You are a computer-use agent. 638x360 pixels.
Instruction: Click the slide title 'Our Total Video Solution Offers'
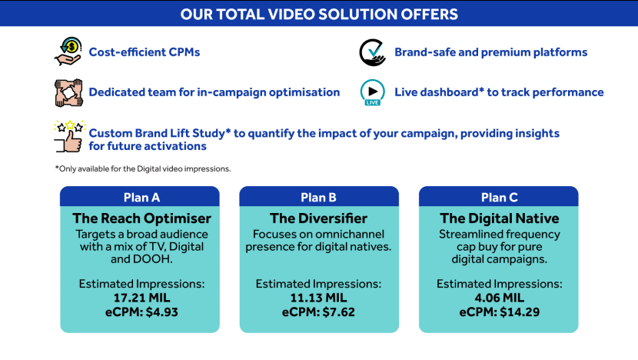click(319, 15)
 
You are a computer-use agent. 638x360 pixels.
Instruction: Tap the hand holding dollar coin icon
click(68, 52)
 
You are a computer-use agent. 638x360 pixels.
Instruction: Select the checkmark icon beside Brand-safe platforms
click(372, 52)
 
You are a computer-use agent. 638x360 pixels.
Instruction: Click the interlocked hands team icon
click(68, 93)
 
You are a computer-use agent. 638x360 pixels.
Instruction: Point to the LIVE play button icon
click(372, 92)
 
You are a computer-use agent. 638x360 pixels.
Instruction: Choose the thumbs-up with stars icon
click(68, 136)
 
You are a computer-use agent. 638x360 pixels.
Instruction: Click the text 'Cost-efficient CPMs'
click(145, 52)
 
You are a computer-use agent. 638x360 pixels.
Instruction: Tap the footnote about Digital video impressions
click(143, 168)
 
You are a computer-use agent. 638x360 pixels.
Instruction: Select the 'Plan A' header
click(141, 198)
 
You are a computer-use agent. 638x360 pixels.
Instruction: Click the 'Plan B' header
click(318, 198)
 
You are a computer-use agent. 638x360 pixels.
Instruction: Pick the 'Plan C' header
click(499, 198)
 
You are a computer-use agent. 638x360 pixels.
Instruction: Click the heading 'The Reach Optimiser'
click(141, 218)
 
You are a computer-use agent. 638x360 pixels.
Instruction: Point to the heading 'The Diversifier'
click(318, 218)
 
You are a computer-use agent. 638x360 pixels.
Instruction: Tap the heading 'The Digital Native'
click(499, 218)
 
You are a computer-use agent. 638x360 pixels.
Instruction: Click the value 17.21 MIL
click(141, 298)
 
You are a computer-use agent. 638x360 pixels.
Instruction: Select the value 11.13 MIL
click(318, 298)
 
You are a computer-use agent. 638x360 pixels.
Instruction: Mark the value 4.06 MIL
click(499, 298)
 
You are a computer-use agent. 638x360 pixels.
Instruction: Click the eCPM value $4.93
click(162, 312)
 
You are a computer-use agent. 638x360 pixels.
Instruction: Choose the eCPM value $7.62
click(338, 312)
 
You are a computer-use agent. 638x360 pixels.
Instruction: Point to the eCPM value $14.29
click(520, 312)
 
